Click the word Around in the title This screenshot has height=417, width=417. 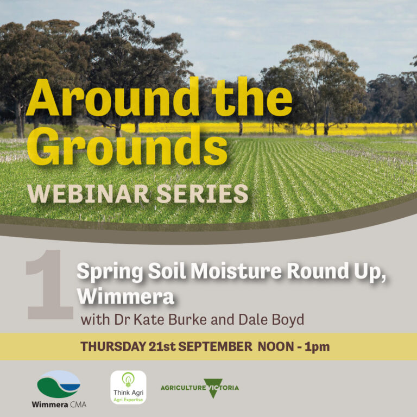click(112, 98)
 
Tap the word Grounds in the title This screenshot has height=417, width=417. click(127, 146)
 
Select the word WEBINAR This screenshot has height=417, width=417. click(88, 194)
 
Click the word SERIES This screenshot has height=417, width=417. click(203, 194)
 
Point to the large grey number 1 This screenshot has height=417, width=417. click(49, 284)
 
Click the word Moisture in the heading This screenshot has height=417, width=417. click(236, 271)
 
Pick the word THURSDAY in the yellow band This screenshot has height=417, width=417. click(113, 346)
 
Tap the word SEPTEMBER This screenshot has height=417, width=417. click(215, 346)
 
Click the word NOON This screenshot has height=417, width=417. click(276, 346)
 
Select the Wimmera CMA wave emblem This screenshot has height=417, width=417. click(59, 384)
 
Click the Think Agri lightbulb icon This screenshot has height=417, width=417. click(128, 380)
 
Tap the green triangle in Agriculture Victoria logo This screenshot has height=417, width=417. click(213, 388)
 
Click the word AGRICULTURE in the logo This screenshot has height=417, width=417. click(183, 388)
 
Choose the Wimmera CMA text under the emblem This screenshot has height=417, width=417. click(59, 405)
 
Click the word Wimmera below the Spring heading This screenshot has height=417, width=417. click(125, 296)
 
